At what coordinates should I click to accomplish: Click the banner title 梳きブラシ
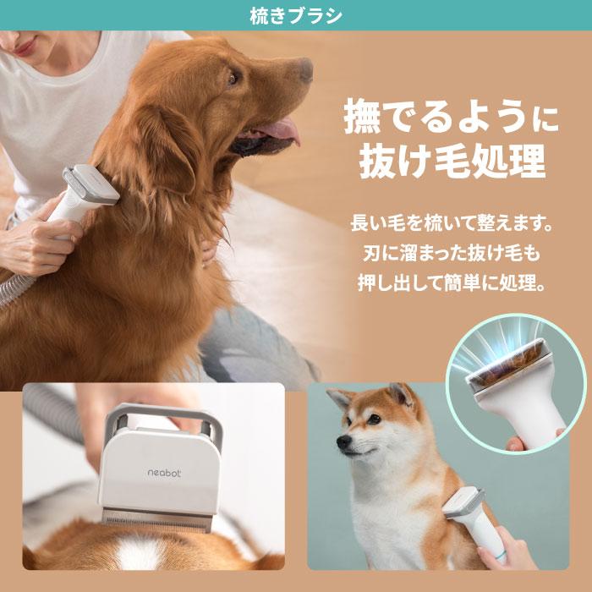click(296, 15)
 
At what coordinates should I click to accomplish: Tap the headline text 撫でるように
click(451, 119)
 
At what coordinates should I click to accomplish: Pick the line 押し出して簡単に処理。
click(451, 281)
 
